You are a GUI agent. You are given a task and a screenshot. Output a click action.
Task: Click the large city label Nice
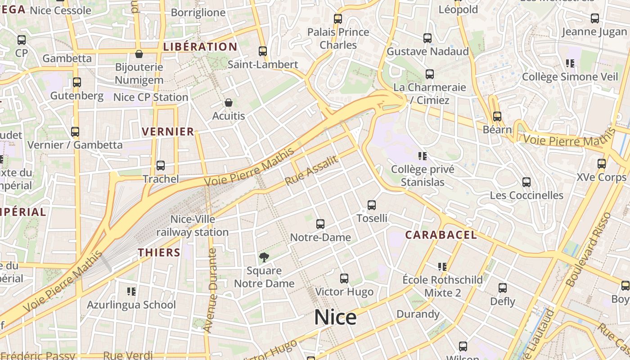(x=335, y=317)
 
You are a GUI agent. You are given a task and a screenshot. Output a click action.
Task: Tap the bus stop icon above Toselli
(x=372, y=205)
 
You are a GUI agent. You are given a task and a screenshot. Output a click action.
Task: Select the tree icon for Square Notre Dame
(x=264, y=257)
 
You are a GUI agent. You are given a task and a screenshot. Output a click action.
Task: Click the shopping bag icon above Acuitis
(x=229, y=103)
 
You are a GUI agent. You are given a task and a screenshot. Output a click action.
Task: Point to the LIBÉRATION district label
(x=200, y=47)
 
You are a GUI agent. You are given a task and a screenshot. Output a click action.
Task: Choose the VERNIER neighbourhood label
(x=168, y=132)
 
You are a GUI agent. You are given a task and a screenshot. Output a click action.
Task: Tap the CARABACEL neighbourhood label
(x=441, y=235)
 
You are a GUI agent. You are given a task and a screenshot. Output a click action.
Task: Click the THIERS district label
(x=159, y=252)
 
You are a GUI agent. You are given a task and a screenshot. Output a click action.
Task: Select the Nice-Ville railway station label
(x=193, y=226)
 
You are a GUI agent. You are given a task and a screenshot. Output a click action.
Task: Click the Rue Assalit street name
(x=311, y=171)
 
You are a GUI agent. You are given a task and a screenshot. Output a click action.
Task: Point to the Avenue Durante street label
(x=210, y=290)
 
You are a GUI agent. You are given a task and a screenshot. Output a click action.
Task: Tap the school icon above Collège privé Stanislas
(x=422, y=156)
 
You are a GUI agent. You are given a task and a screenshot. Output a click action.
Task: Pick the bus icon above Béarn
(x=497, y=117)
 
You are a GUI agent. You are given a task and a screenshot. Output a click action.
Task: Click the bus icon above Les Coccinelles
(x=526, y=182)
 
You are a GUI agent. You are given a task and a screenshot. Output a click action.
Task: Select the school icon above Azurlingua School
(x=131, y=292)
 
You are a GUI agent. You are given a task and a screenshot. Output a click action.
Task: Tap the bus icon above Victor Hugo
(x=344, y=279)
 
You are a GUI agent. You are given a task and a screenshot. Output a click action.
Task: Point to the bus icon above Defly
(x=503, y=288)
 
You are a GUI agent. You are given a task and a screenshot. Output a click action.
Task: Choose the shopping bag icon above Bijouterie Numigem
(x=139, y=54)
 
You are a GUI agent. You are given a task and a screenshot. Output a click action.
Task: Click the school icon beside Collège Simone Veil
(x=570, y=63)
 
